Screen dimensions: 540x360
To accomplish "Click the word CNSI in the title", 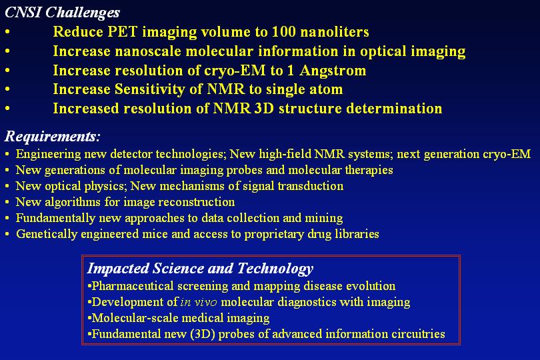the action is (23, 13).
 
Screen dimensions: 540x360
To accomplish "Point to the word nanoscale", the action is (148, 51).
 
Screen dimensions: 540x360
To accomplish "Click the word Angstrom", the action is (333, 71).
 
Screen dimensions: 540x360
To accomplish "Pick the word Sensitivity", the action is (150, 89).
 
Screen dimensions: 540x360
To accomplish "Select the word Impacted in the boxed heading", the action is (118, 269).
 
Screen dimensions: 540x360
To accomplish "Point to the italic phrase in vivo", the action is (199, 302).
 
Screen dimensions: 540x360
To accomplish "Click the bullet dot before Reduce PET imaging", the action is (7, 32).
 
